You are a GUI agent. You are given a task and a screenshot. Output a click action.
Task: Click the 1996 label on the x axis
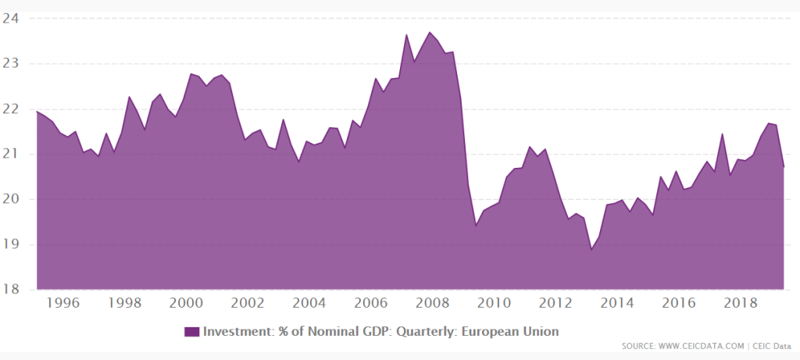coord(64,303)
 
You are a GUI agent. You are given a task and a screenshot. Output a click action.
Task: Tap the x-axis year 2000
coord(187,303)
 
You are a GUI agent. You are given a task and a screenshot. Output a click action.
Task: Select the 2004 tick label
coord(309,303)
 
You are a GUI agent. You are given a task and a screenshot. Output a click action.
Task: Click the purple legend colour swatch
coord(192,331)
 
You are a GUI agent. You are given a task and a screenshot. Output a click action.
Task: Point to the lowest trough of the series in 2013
coord(591,249)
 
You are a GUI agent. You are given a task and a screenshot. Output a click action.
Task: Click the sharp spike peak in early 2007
coord(406,34)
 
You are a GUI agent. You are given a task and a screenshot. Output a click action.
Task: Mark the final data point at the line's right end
coord(784,167)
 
